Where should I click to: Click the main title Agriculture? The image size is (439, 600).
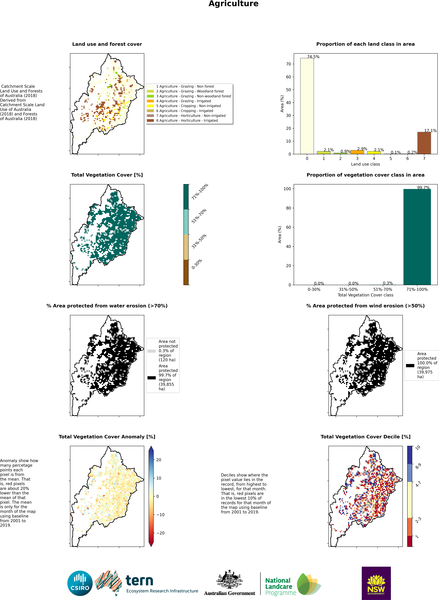point(233,4)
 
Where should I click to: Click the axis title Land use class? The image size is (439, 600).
point(365,164)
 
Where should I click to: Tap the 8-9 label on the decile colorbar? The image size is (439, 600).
point(418,466)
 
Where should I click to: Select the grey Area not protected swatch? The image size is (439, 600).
point(151,351)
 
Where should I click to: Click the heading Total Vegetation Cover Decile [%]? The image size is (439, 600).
point(365,437)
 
